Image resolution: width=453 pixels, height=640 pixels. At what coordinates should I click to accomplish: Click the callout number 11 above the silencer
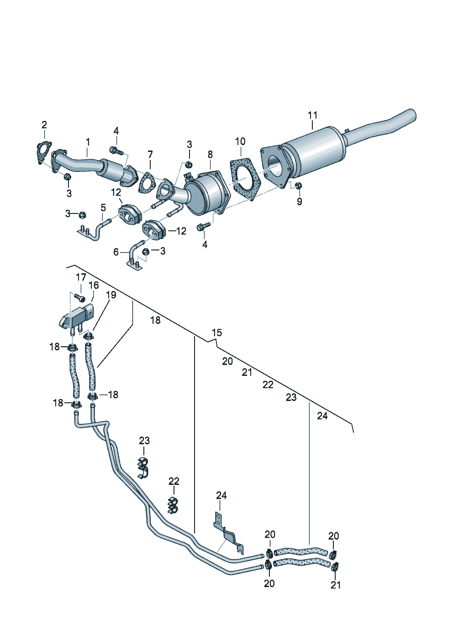click(x=312, y=115)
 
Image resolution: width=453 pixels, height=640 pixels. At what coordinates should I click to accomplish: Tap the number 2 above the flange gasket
click(x=44, y=125)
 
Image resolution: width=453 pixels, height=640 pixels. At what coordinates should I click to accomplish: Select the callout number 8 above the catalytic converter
click(x=210, y=154)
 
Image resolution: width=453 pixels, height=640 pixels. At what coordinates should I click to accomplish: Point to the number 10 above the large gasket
click(x=240, y=141)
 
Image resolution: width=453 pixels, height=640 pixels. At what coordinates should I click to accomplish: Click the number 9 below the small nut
click(x=299, y=201)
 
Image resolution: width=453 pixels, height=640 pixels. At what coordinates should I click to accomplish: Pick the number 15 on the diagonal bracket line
click(x=217, y=333)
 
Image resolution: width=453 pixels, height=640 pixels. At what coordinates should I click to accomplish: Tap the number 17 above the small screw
click(x=81, y=277)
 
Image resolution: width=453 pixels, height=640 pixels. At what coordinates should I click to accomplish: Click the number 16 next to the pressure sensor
click(x=94, y=286)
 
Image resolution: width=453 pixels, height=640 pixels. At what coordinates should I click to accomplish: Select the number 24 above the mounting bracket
click(x=221, y=495)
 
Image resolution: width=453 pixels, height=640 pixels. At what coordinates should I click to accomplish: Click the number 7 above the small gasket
click(x=150, y=154)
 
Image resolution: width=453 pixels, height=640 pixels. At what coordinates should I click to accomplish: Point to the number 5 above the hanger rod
click(x=103, y=208)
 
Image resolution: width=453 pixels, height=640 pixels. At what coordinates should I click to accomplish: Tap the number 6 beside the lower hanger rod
click(x=116, y=252)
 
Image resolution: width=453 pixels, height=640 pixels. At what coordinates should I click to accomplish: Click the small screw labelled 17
click(x=80, y=298)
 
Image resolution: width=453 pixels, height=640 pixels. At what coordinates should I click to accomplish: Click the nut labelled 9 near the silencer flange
click(x=298, y=186)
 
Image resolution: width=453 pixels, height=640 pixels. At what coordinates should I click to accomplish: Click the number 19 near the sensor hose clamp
click(x=111, y=295)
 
